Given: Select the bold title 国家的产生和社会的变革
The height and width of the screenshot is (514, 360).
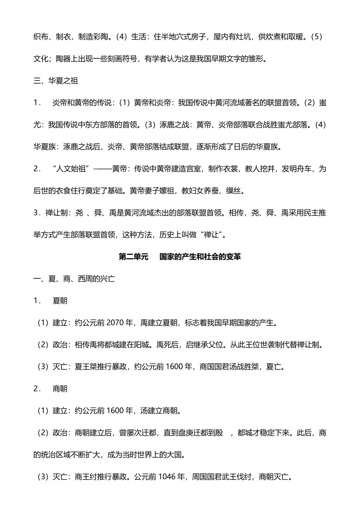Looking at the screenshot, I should (200, 256).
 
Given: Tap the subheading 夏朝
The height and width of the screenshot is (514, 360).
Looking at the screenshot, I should (60, 300).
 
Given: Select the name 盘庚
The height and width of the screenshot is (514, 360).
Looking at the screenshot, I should (189, 433).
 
